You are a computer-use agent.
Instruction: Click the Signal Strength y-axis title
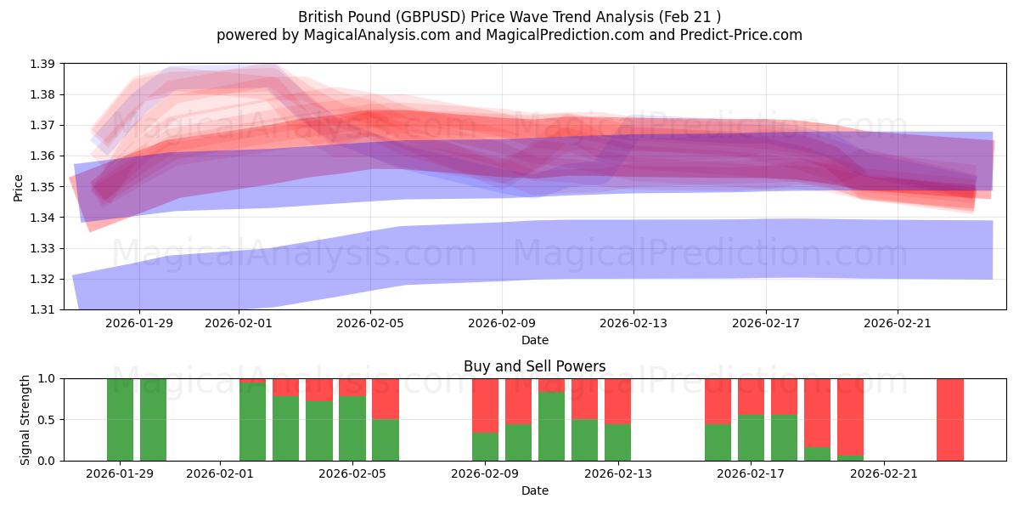[25, 419]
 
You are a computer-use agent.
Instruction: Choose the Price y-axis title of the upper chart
[19, 187]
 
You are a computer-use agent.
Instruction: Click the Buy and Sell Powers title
[534, 367]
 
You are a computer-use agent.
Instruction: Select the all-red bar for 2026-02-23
[950, 419]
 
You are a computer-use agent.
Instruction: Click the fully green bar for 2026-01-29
[120, 419]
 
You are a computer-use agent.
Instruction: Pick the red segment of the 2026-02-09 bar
[485, 405]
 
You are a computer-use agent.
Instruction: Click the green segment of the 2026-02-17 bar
[751, 438]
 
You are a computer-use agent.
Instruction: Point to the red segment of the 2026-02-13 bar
[617, 401]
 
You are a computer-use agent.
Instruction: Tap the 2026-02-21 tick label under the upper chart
[898, 323]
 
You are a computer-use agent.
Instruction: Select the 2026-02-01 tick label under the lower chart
[220, 473]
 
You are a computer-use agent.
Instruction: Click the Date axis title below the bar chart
[534, 490]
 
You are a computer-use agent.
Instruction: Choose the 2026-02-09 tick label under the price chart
[502, 323]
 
